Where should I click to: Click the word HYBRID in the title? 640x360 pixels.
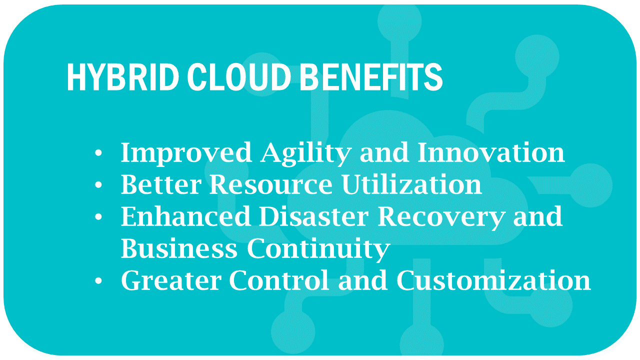[x=123, y=77]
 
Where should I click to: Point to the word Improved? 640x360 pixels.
[x=186, y=153]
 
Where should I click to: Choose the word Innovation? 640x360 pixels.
[x=491, y=152]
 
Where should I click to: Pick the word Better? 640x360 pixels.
[x=161, y=184]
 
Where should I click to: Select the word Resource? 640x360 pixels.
[x=271, y=184]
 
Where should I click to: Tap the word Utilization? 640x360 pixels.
[x=411, y=184]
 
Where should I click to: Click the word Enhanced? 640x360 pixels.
[x=185, y=216]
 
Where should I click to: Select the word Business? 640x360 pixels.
[x=179, y=248]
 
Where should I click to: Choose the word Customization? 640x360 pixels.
[x=494, y=280]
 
